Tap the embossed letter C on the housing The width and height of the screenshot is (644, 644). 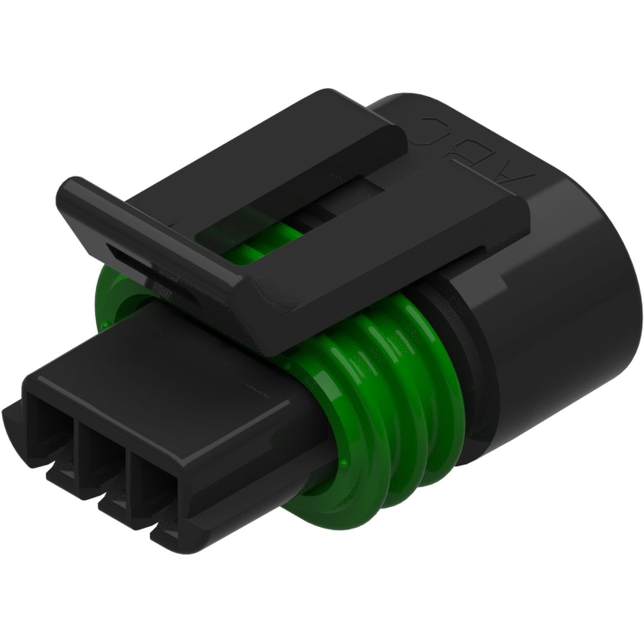tap(431, 124)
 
